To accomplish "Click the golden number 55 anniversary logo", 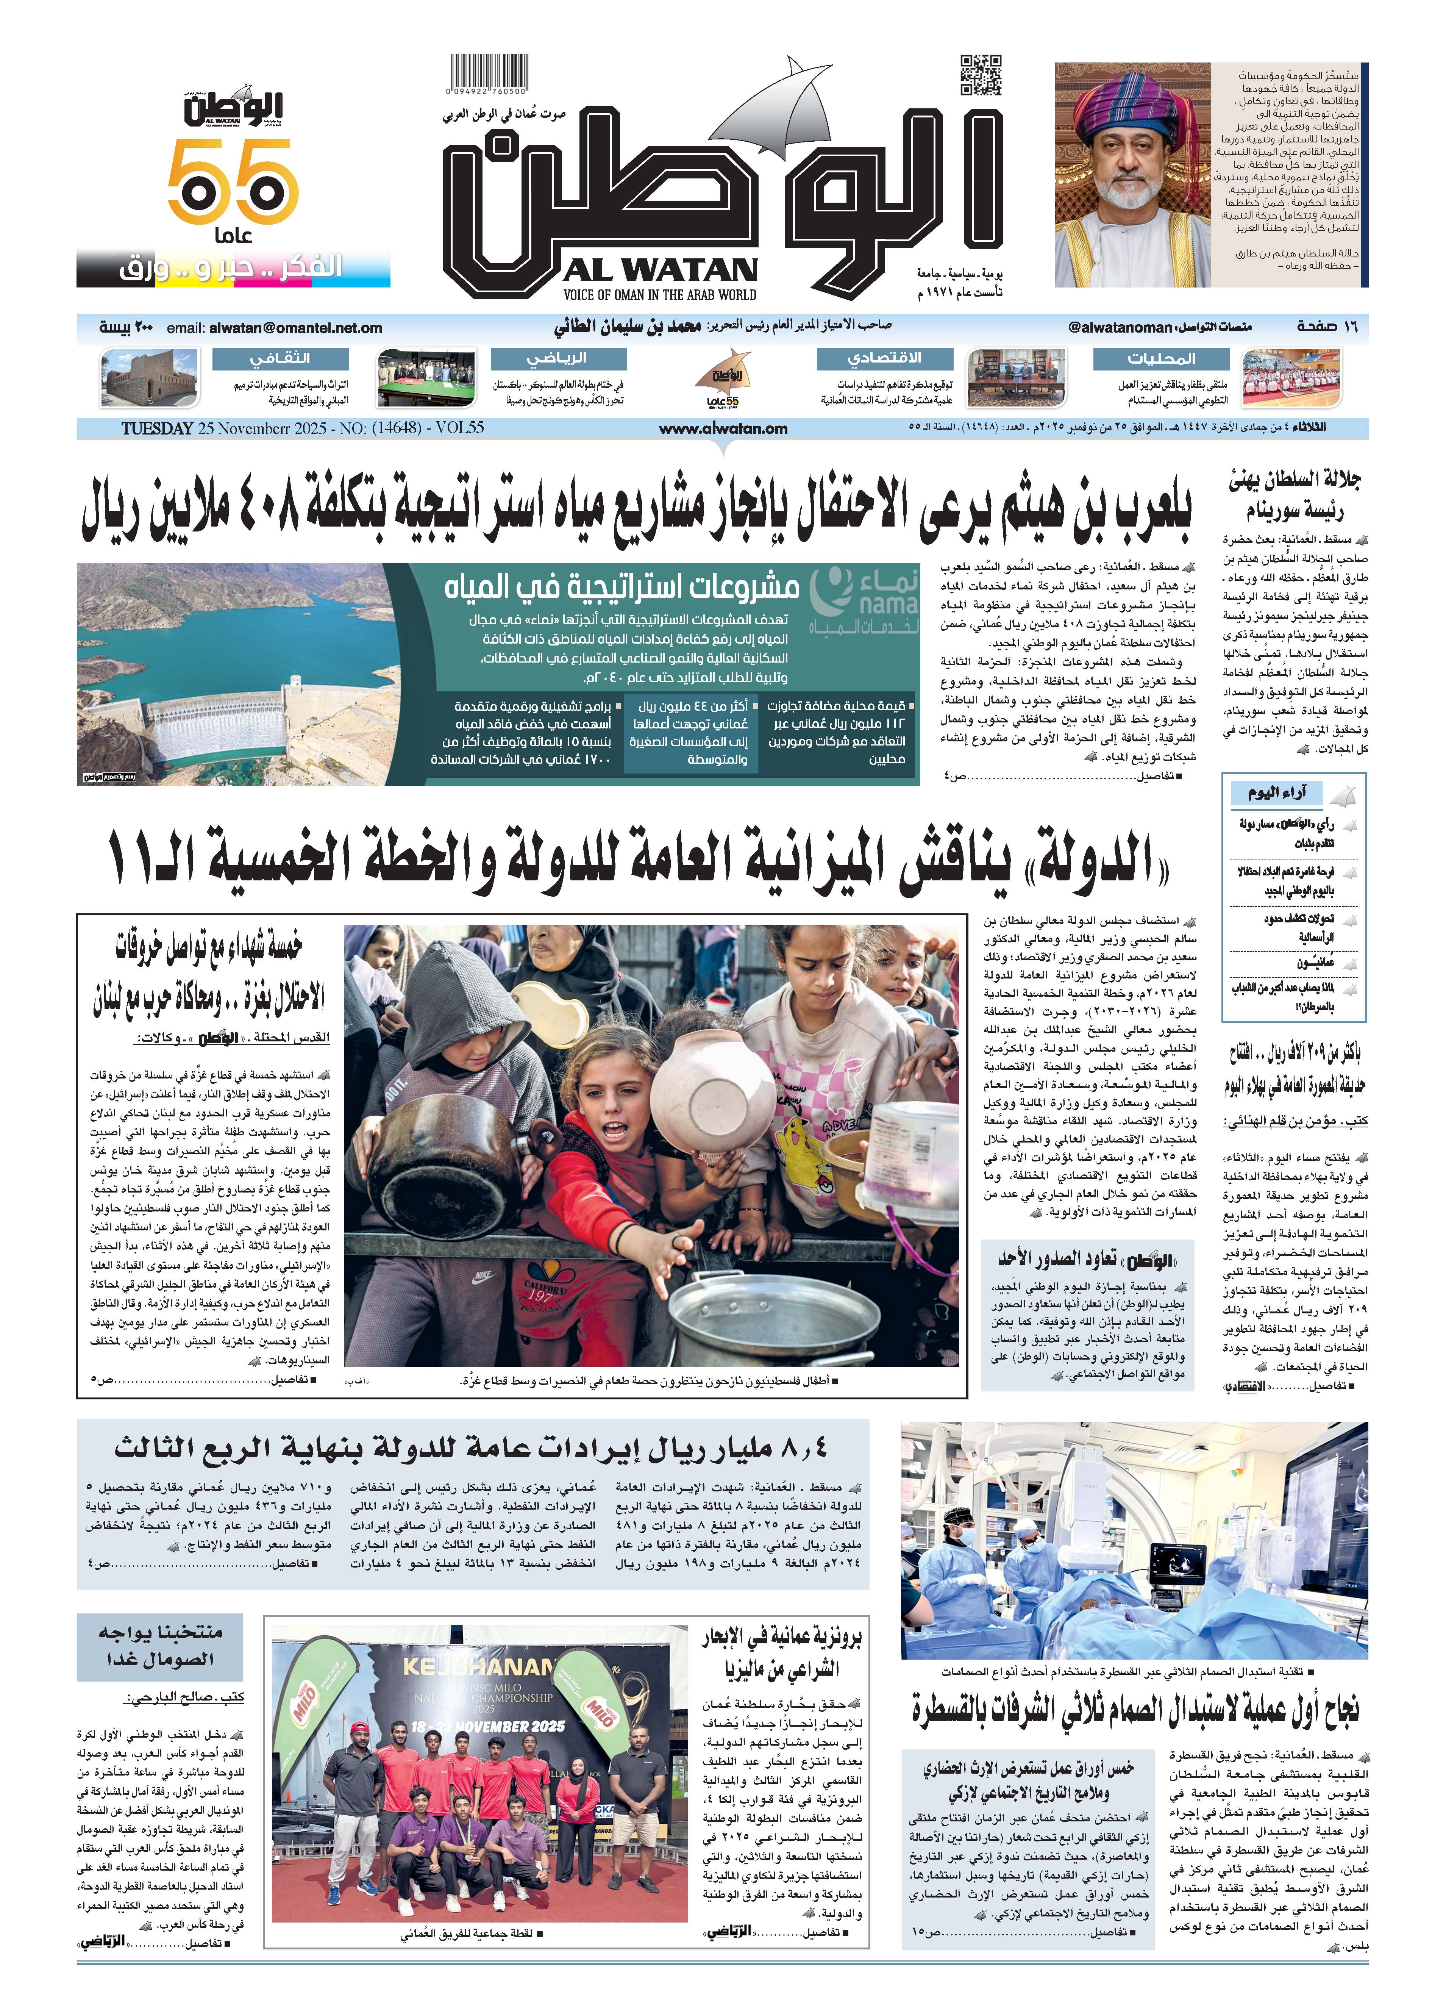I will (233, 184).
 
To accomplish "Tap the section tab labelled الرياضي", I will (557, 358).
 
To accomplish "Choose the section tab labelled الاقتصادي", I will (884, 358).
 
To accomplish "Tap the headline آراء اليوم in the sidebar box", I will (1276, 792).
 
